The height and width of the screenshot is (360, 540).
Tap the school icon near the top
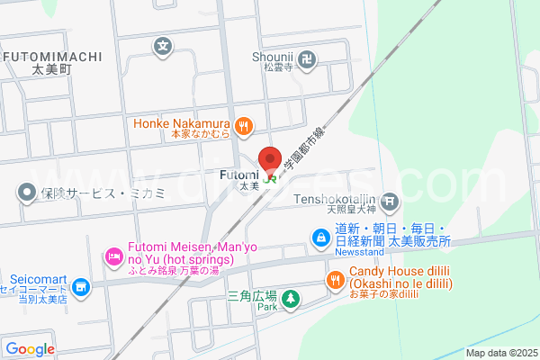click(163, 45)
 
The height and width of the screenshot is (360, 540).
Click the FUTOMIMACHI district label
click(51, 56)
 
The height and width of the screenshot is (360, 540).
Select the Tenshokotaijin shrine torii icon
click(390, 201)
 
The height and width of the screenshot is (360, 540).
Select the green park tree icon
click(290, 299)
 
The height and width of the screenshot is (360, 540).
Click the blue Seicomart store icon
click(82, 287)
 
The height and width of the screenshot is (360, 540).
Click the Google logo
click(31, 349)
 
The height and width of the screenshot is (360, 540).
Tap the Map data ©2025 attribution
click(500, 353)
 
